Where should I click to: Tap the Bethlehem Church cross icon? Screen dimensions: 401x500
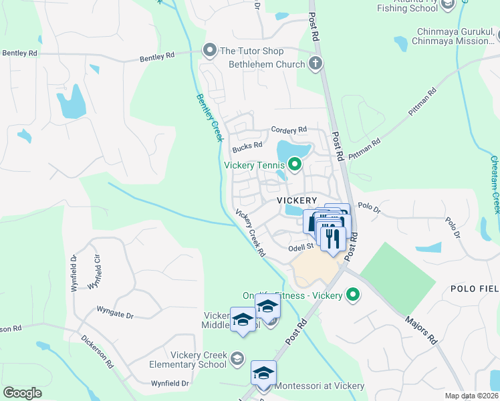pos(316,64)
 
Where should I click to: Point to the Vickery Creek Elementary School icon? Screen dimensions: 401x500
pos(235,360)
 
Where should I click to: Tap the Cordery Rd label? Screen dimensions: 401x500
pos(289,130)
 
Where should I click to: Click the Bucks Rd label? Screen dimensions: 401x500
pos(245,147)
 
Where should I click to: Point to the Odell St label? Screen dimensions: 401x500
pos(301,247)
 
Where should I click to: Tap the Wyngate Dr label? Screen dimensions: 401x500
pos(115,311)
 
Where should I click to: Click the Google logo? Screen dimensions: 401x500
pos(23,393)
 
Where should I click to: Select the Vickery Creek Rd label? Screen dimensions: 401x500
pos(251,233)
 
